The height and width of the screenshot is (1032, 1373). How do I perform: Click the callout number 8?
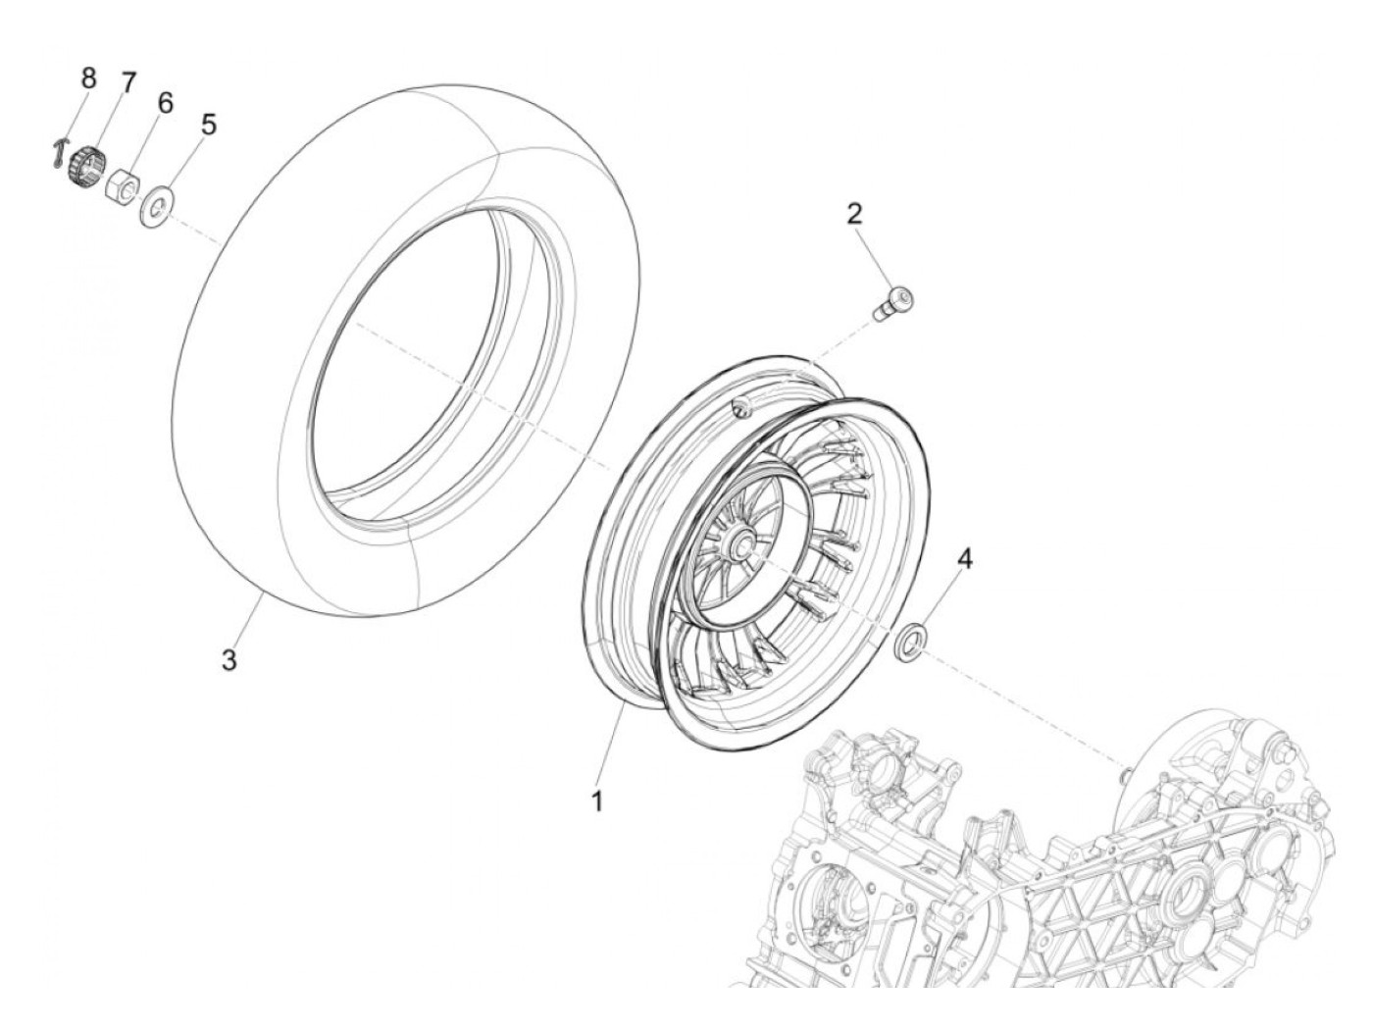pyautogui.click(x=88, y=77)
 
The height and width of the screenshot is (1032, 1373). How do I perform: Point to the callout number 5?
pyautogui.click(x=208, y=125)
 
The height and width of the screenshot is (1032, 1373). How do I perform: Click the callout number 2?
pyautogui.click(x=855, y=213)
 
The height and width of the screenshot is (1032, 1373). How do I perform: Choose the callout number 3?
pyautogui.click(x=229, y=660)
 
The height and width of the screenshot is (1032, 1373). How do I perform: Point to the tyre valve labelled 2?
pyautogui.click(x=892, y=298)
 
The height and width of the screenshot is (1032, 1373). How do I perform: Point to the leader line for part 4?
pyautogui.click(x=941, y=601)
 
